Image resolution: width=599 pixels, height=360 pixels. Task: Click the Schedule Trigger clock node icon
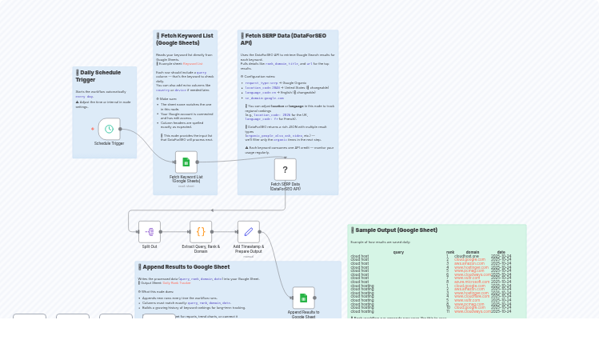tap(109, 129)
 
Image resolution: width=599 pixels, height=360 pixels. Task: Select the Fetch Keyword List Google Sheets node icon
tap(186, 162)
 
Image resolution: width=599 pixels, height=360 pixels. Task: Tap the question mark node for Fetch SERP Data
tap(285, 170)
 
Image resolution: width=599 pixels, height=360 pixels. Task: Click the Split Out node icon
tap(150, 232)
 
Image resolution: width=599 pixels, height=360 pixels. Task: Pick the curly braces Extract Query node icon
tap(201, 232)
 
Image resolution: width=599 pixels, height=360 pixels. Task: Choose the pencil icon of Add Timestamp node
tap(249, 232)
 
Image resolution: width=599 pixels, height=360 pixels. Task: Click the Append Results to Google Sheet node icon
tap(303, 298)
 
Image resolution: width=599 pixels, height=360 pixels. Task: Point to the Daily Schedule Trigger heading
tap(99, 76)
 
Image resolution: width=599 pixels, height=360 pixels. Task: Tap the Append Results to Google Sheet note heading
tap(186, 267)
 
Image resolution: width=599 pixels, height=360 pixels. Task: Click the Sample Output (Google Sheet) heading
tap(396, 230)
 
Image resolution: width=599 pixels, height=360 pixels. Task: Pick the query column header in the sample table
tap(398, 252)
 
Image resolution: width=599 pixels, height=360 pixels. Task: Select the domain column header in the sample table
tap(473, 252)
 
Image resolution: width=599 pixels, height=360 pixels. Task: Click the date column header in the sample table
tap(501, 252)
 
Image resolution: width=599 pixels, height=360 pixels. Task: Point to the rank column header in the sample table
tap(450, 252)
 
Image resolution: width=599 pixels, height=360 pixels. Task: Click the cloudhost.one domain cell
tap(466, 256)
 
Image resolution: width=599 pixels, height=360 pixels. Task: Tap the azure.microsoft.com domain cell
tap(471, 282)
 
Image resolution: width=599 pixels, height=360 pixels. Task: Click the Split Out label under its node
tap(150, 246)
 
